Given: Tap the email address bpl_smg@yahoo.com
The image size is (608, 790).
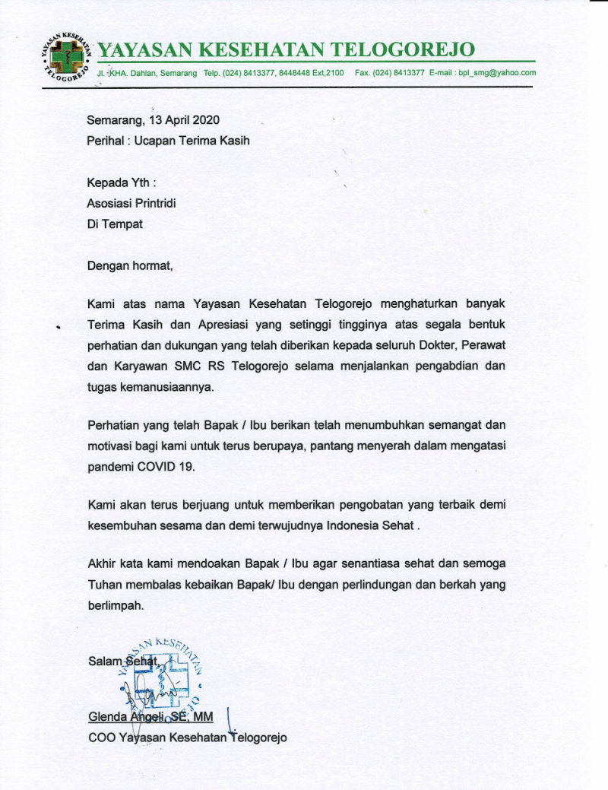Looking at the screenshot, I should (x=496, y=73).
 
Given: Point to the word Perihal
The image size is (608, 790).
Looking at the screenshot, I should (x=104, y=141).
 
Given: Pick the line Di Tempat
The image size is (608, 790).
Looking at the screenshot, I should (x=114, y=224).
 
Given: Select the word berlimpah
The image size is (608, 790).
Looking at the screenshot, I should (x=115, y=606).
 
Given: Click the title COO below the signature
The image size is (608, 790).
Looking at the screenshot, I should (x=101, y=737).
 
